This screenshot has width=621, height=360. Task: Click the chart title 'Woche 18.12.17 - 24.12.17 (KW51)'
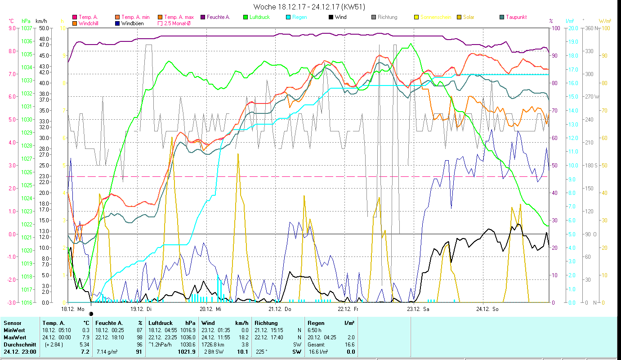[309, 7]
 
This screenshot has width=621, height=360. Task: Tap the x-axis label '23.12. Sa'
[418, 309]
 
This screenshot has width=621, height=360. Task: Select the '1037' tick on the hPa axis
[27, 28]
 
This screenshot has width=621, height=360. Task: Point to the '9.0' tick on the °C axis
[12, 28]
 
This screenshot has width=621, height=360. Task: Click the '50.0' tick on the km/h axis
[44, 28]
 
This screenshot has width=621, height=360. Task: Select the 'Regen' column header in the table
[315, 323]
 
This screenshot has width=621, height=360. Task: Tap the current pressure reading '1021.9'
[187, 352]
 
